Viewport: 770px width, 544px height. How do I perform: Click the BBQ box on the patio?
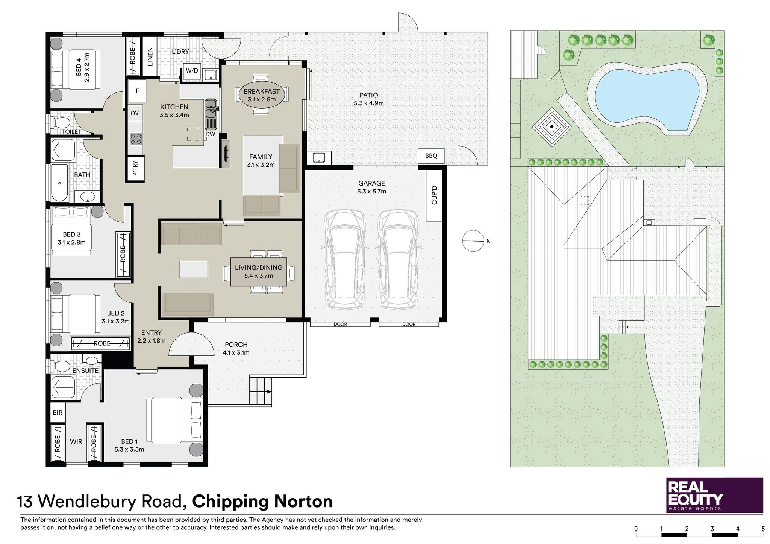(432, 156)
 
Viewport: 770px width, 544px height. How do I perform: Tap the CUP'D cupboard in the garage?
(434, 195)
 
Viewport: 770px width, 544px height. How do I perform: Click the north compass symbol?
(472, 241)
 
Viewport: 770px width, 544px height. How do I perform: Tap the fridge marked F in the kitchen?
(137, 91)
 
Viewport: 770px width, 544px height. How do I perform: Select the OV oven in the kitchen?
(135, 113)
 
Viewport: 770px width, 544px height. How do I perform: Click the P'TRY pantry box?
(135, 168)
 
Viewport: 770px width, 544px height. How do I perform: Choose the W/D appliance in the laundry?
(192, 71)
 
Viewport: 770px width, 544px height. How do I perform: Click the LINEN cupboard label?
(150, 56)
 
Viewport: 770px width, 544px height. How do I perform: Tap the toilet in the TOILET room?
(61, 123)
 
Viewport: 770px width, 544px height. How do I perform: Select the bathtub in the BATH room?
(60, 183)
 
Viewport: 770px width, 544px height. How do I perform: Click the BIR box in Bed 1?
(58, 413)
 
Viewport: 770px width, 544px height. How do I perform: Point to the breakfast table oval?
(262, 95)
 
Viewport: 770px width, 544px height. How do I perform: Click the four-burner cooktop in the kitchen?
(136, 139)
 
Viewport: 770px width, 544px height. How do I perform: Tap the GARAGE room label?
(371, 183)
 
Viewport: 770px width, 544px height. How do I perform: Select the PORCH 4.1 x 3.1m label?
(236, 348)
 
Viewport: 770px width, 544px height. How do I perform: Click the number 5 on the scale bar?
(763, 529)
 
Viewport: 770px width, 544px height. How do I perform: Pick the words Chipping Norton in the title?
(262, 502)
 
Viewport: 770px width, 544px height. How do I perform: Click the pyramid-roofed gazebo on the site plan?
(552, 127)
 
